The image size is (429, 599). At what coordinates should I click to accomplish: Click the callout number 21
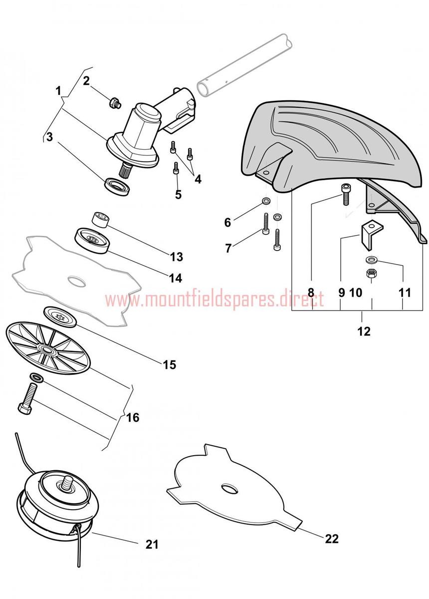[x=152, y=544]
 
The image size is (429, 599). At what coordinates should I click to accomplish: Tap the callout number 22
[x=331, y=539]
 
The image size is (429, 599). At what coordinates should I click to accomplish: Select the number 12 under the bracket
[x=364, y=331]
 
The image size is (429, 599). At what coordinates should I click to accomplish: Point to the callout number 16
[x=133, y=417]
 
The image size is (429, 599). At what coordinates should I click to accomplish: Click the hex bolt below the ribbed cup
[x=26, y=399]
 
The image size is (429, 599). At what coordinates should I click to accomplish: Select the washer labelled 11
[x=371, y=260]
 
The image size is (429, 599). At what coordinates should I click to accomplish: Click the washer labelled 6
[x=266, y=202]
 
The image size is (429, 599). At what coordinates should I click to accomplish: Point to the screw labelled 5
[x=176, y=169]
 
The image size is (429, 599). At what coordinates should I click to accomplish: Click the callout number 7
[x=228, y=248]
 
